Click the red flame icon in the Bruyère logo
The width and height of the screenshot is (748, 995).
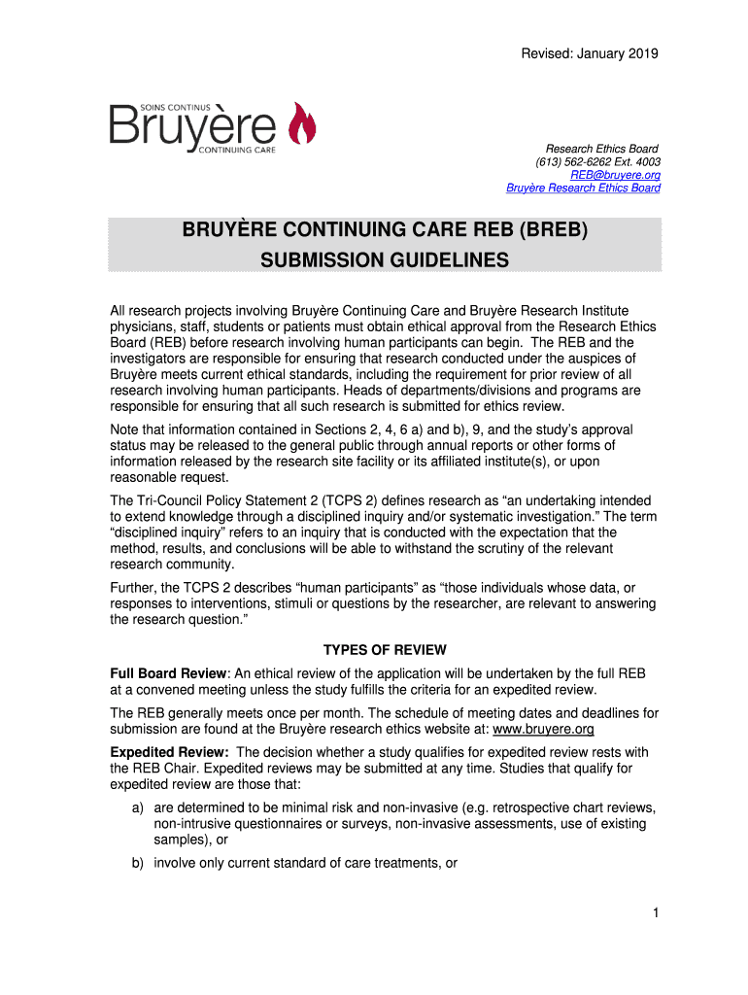pos(302,126)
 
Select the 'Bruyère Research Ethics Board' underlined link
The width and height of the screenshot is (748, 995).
pos(583,189)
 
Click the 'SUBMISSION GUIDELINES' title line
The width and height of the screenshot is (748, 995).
pos(385,260)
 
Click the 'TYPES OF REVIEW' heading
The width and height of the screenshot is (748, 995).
pos(385,650)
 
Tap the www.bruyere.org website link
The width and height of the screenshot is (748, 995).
pos(543,729)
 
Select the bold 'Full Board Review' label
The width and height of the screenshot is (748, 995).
pos(167,673)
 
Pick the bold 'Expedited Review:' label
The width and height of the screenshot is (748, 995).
pos(170,752)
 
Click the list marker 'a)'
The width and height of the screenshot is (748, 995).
pos(139,807)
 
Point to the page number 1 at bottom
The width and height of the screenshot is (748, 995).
pos(658,913)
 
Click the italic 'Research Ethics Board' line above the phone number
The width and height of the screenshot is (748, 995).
pos(601,149)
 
